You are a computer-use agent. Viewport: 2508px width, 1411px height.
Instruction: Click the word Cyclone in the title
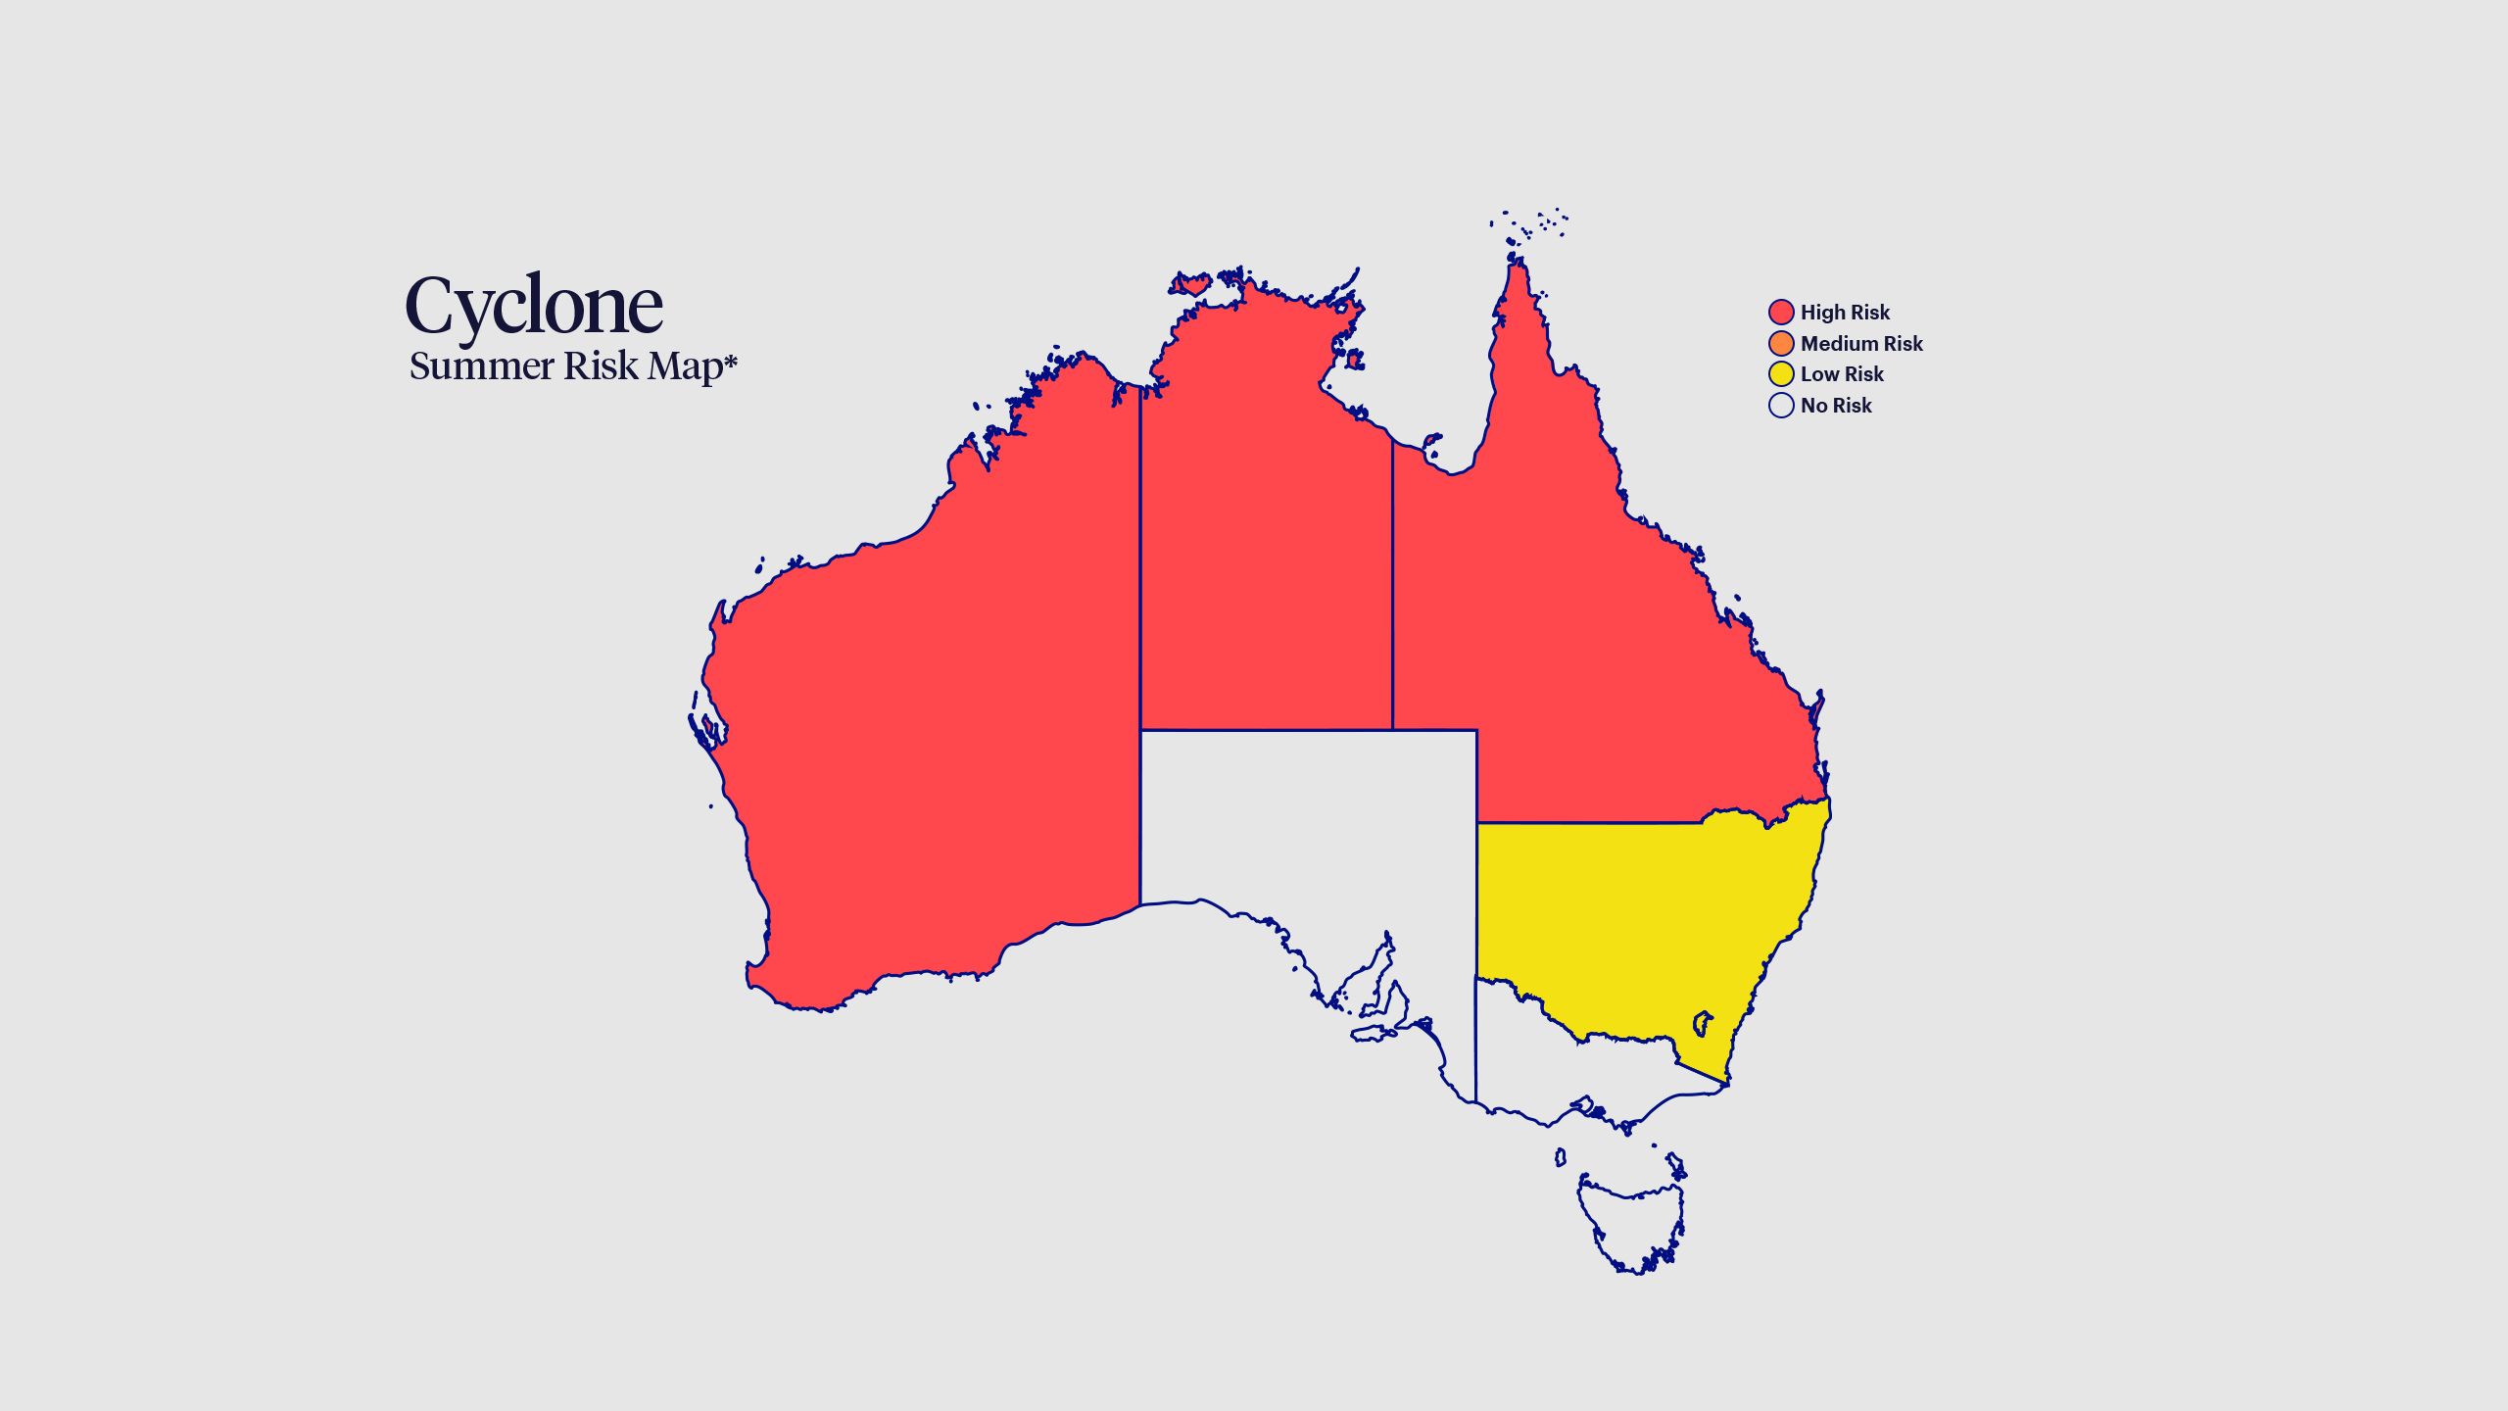[534, 306]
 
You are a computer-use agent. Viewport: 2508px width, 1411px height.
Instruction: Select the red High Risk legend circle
[1781, 313]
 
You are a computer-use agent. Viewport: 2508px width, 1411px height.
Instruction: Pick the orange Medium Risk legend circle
[1781, 344]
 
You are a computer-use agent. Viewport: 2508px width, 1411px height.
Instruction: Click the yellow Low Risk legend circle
[1781, 374]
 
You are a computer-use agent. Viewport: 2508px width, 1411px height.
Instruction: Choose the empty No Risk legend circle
[1781, 406]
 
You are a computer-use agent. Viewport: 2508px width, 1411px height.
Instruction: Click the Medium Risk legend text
[1861, 344]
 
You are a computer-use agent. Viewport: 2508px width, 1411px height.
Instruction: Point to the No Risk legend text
[1836, 406]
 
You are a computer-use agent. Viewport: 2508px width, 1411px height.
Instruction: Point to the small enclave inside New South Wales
[1704, 1023]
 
